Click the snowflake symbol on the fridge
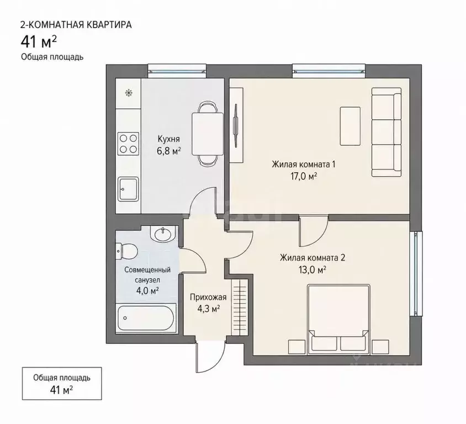tap(129, 93)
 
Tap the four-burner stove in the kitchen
tap(129, 144)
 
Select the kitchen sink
tap(129, 189)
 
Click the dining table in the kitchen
tap(208, 134)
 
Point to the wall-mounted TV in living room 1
tap(236, 125)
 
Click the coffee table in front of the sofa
tap(350, 126)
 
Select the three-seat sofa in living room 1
tap(386, 132)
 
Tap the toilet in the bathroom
tap(126, 251)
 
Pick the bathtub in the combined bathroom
tap(146, 318)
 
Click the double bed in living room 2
tap(338, 320)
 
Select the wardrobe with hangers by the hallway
tap(240, 306)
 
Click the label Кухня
tap(168, 139)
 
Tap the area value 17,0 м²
tap(304, 177)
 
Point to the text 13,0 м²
tap(313, 270)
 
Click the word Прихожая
tap(208, 297)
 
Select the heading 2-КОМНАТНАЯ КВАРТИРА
tap(76, 25)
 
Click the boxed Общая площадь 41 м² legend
tap(62, 384)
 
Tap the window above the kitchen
tap(177, 71)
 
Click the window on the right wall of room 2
tap(416, 274)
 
